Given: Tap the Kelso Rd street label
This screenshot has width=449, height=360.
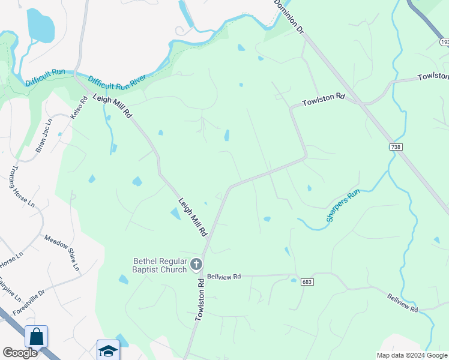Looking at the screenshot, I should [x=76, y=107].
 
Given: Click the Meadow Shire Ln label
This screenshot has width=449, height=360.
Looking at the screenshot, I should [x=62, y=252].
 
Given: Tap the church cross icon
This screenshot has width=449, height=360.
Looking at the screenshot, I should [x=196, y=264].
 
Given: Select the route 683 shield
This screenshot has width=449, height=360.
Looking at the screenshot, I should [x=306, y=281].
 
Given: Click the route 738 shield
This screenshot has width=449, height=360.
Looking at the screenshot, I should [x=395, y=147].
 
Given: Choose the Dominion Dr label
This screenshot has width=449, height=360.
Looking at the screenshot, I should [x=289, y=16].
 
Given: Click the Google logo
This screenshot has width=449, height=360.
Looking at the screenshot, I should [x=20, y=353].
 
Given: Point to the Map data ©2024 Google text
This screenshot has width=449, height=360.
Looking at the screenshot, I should [x=412, y=355].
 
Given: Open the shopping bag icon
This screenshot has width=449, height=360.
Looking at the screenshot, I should [x=37, y=337].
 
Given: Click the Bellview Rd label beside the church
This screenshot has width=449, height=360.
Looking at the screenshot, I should [x=224, y=277].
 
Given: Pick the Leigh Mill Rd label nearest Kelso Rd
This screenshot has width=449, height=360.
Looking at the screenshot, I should [x=111, y=104].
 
